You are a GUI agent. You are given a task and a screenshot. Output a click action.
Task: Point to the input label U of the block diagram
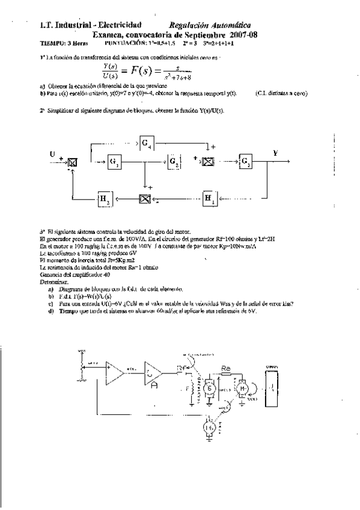[53, 153]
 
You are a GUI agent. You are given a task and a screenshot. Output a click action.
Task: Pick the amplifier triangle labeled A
[153, 375]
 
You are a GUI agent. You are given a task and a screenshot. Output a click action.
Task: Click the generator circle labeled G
[210, 388]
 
